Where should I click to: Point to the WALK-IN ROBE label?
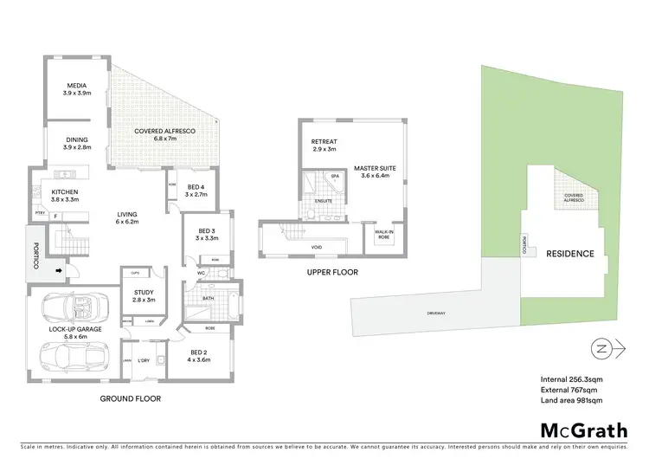(x=383, y=235)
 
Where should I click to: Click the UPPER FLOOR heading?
(x=332, y=272)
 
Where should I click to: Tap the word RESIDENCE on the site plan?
(x=569, y=254)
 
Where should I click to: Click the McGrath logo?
(x=584, y=430)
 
